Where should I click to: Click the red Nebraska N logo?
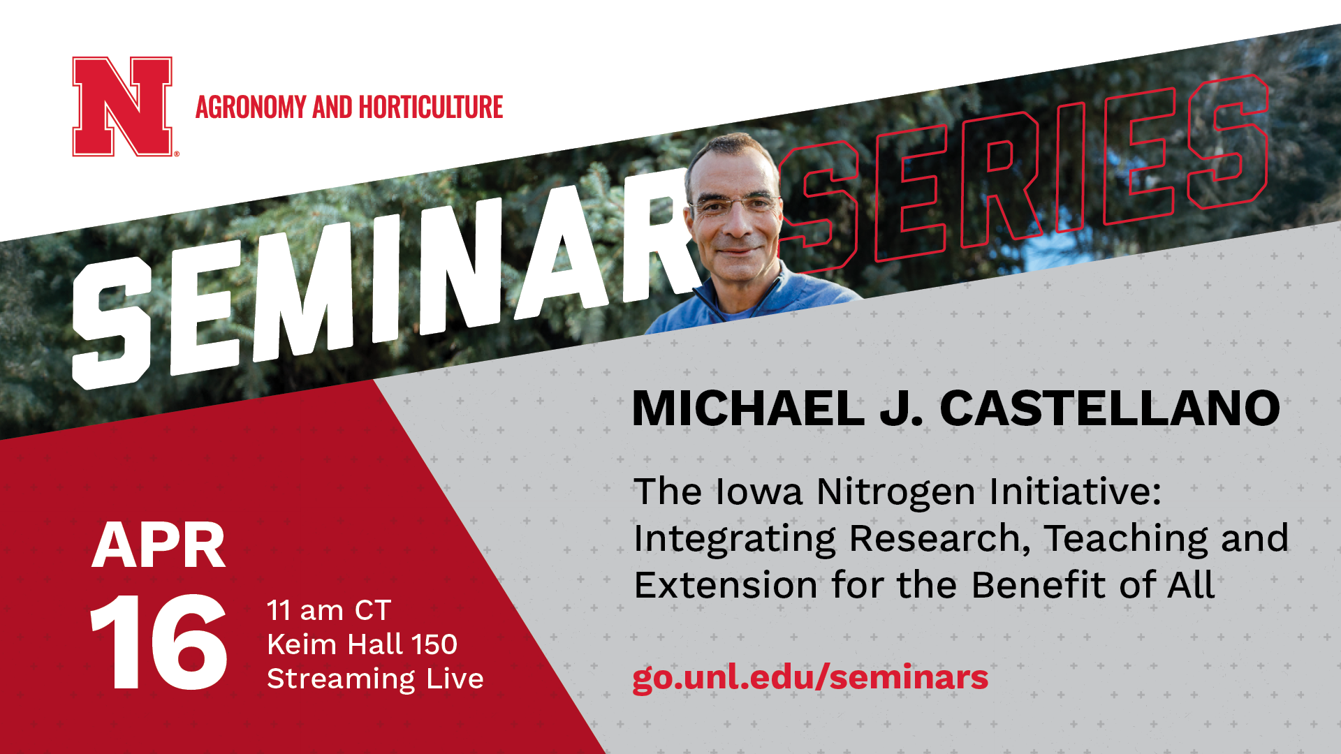click(122, 106)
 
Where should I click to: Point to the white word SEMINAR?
click(377, 286)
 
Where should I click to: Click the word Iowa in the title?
click(759, 491)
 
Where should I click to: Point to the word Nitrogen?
click(896, 491)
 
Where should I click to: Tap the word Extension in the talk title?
click(725, 585)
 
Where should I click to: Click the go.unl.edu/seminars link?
click(810, 677)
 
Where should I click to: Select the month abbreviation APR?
click(159, 546)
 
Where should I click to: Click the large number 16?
click(159, 642)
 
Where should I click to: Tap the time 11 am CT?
click(328, 611)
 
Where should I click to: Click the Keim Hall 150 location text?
click(362, 644)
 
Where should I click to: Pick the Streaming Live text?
click(375, 679)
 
